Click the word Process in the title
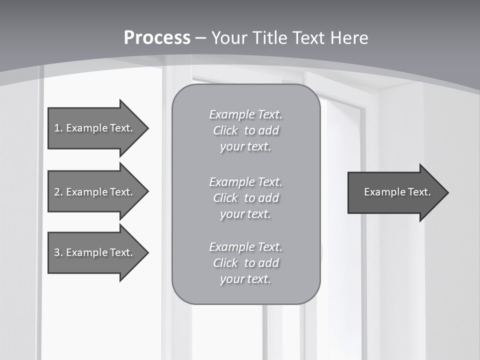pos(157,38)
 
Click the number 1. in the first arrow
pos(58,128)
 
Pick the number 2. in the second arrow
pos(58,192)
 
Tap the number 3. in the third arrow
pos(58,252)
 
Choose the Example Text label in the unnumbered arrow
pos(397,192)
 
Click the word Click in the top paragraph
pos(225,130)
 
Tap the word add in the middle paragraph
pos(269,198)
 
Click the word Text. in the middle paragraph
pos(270,181)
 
